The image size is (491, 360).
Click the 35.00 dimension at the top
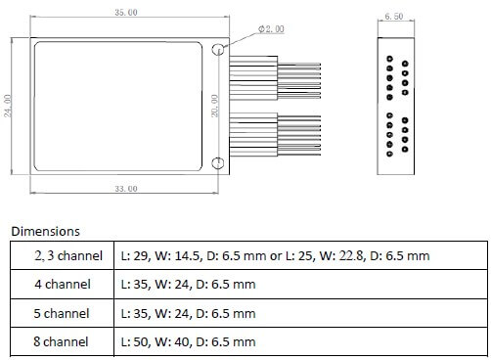coord(125,13)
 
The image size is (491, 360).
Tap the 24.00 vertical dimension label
coord(9,105)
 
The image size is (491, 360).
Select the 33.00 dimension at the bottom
coord(126,188)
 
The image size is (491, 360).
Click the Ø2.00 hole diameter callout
coord(270,29)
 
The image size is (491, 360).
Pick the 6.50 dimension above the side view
coord(394,17)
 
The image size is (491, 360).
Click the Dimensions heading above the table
coord(45,232)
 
